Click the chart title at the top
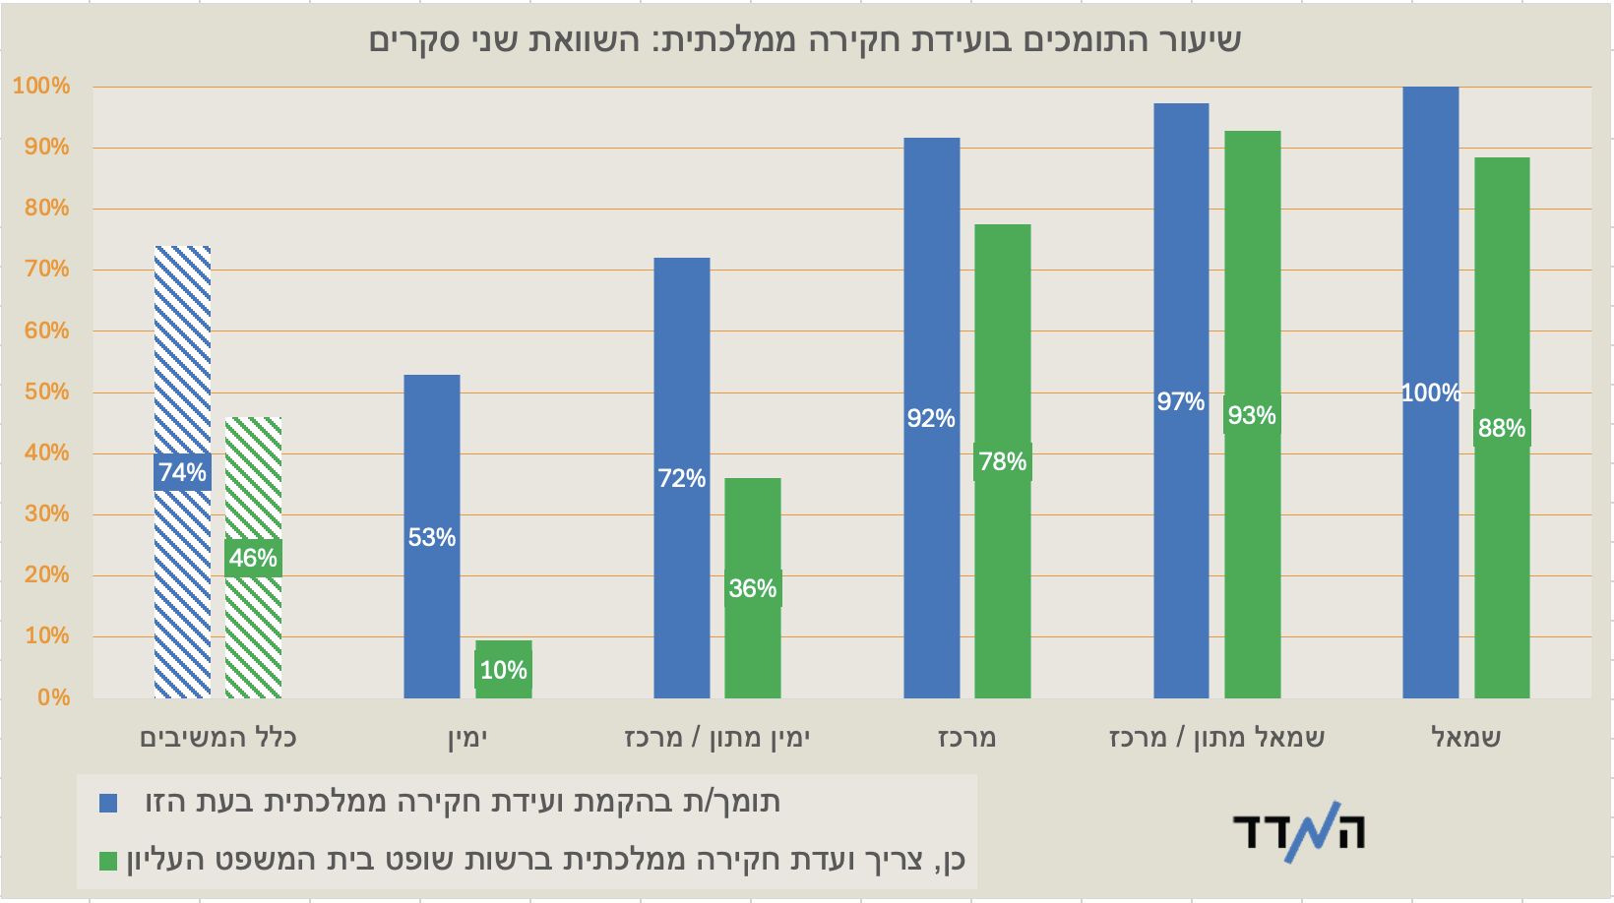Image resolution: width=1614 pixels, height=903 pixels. pyautogui.click(x=805, y=40)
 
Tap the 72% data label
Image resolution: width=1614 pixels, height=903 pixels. pyautogui.click(x=682, y=479)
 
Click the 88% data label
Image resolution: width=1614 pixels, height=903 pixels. pyautogui.click(x=1502, y=429)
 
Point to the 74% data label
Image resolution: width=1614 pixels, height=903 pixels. pyautogui.click(x=183, y=473)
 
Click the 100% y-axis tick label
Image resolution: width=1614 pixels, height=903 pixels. pyautogui.click(x=41, y=87)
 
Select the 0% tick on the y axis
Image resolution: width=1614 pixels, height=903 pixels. pyautogui.click(x=53, y=698)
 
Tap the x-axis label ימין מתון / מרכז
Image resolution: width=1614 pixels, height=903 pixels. pyautogui.click(x=717, y=738)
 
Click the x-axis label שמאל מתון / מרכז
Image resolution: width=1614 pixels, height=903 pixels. pyautogui.click(x=1217, y=738)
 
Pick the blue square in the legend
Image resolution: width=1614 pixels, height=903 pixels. pyautogui.click(x=108, y=804)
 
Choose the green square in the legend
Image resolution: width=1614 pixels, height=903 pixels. pyautogui.click(x=108, y=862)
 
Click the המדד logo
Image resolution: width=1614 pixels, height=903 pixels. pyautogui.click(x=1299, y=832)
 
